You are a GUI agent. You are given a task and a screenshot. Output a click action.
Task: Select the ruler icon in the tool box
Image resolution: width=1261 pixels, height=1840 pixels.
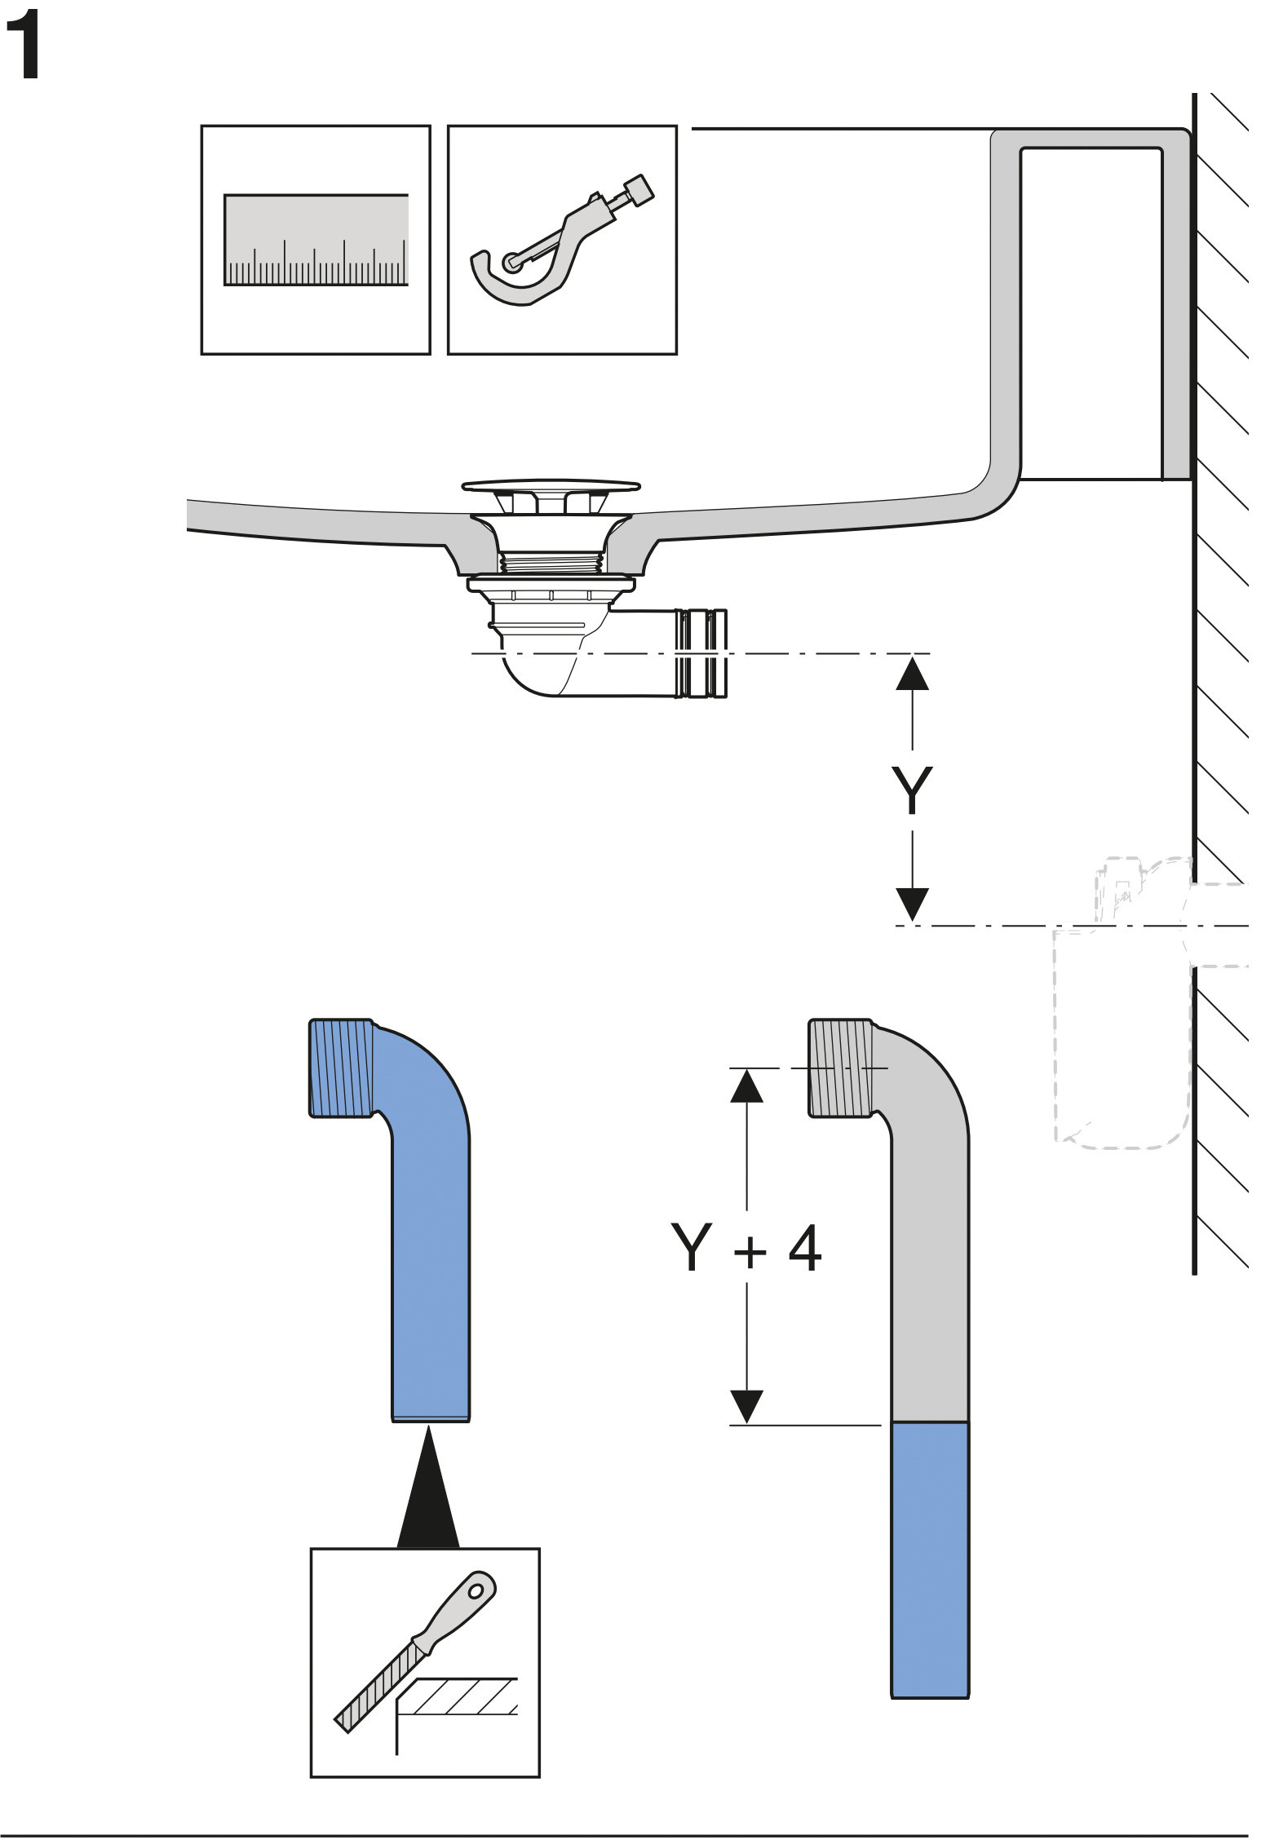[x=316, y=240]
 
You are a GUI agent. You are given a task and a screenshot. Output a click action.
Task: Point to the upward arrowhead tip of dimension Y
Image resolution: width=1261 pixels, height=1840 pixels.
[x=912, y=657]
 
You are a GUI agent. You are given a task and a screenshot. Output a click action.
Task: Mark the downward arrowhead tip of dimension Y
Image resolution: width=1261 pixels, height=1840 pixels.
[x=912, y=922]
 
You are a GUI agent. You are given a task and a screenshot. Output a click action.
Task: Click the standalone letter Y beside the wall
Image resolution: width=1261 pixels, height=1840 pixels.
[x=912, y=790]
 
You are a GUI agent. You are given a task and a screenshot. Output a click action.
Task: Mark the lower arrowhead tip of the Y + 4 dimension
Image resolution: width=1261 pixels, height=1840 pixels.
[x=746, y=1425]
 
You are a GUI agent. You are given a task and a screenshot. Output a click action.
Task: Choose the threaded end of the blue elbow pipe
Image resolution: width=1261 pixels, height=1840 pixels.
[x=342, y=1068]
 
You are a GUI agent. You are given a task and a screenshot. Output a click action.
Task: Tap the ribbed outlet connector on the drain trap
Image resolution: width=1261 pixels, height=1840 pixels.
[x=701, y=653]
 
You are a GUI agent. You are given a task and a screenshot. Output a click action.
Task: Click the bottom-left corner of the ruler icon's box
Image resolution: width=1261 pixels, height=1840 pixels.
[x=201, y=354]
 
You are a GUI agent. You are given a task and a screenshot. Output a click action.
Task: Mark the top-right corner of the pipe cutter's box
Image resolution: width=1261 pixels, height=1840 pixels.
[x=677, y=126]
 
